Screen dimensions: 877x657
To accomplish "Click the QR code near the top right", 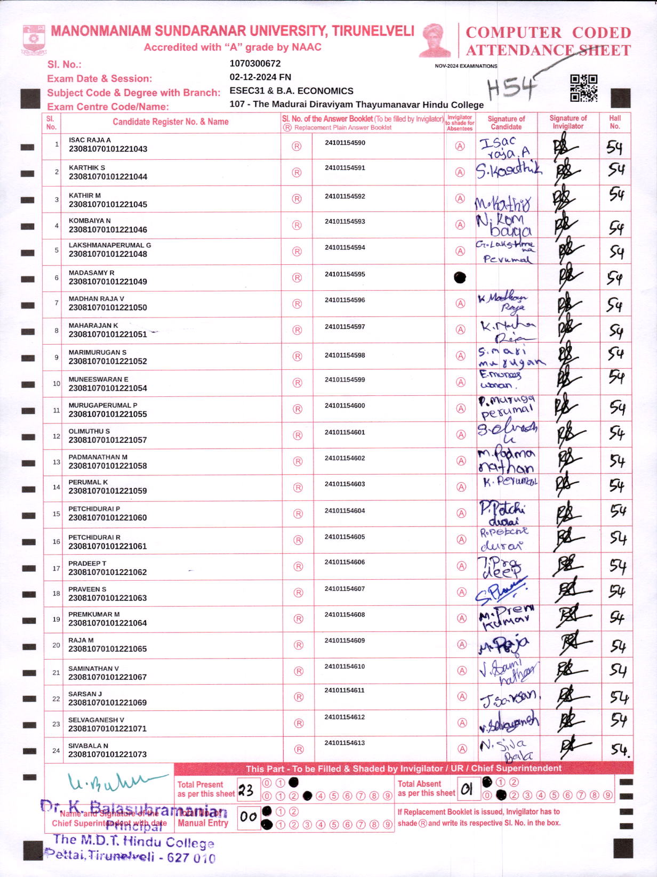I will [583, 88].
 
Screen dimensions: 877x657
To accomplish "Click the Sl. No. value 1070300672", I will [255, 63].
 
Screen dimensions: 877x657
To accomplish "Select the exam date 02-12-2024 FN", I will [260, 77].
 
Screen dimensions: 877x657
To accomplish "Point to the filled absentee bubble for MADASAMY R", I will [460, 278].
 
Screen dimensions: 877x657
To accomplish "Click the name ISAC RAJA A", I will [90, 140].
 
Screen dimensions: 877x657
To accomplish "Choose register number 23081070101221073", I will [107, 754].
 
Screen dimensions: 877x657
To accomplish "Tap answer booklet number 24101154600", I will [344, 405].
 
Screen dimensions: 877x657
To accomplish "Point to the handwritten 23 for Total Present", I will [246, 790].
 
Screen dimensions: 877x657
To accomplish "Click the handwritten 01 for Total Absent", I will [467, 790].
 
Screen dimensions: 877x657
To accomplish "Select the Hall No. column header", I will [615, 122].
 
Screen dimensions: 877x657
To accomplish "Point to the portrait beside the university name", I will [435, 40].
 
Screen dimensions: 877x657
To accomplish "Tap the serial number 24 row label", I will [56, 750].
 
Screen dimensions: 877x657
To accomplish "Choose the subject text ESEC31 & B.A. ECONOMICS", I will [291, 91].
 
